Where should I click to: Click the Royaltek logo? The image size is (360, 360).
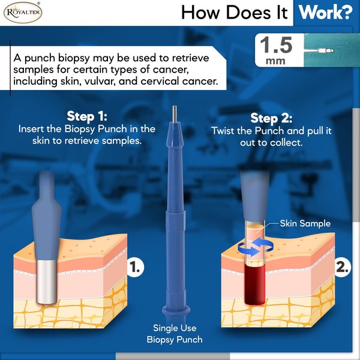23,13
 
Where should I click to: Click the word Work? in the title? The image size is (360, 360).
325,13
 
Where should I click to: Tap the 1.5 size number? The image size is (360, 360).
276,45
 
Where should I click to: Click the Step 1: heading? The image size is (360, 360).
87,116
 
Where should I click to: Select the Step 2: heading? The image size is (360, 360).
271,118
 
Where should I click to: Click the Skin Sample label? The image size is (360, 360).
305,223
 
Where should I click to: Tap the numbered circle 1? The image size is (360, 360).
135,267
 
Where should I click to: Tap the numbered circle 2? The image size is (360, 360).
343,267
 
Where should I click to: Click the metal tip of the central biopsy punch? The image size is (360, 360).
175,114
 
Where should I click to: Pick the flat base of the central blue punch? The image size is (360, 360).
176,310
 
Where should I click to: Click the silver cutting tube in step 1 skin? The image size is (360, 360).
46,282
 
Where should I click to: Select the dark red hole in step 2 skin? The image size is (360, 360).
255,284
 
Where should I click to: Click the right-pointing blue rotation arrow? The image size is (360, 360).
249,250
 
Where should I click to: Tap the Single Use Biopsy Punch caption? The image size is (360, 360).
175,334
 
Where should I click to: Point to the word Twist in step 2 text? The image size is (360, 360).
223,131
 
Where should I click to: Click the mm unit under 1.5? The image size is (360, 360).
275,61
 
